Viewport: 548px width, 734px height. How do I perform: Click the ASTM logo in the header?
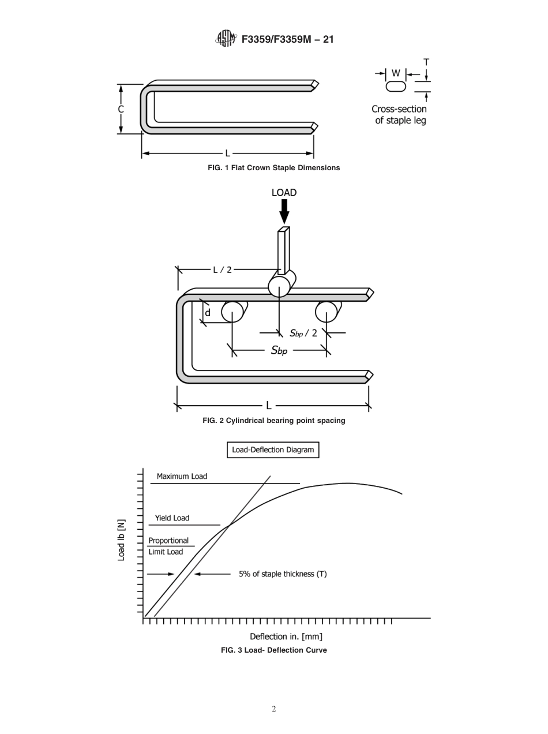pyautogui.click(x=226, y=39)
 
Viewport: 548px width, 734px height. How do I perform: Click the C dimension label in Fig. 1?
pyautogui.click(x=121, y=109)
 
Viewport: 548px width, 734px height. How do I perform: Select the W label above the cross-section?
pyautogui.click(x=396, y=73)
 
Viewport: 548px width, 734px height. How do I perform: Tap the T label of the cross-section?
pyautogui.click(x=426, y=62)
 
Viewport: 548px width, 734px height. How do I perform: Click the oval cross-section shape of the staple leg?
pyautogui.click(x=396, y=87)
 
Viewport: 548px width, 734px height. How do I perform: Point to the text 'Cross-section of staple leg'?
pyautogui.click(x=399, y=115)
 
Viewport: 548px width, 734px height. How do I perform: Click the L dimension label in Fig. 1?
pyautogui.click(x=227, y=153)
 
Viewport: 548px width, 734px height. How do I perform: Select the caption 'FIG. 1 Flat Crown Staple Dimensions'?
pyautogui.click(x=273, y=168)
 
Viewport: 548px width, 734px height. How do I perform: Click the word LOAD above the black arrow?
pyautogui.click(x=284, y=193)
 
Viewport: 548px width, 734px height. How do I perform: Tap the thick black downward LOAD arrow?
pyautogui.click(x=284, y=212)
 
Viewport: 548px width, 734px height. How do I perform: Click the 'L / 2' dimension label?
pyautogui.click(x=222, y=269)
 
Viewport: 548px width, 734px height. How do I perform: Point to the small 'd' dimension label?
pyautogui.click(x=208, y=313)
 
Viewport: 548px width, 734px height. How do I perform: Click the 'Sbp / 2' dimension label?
pyautogui.click(x=303, y=333)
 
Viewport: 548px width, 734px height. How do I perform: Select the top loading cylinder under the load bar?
pyautogui.click(x=279, y=286)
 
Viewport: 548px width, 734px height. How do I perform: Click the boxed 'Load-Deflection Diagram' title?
pyautogui.click(x=273, y=450)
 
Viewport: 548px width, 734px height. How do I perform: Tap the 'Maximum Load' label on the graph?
pyautogui.click(x=182, y=477)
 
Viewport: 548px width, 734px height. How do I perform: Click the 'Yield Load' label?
pyautogui.click(x=172, y=518)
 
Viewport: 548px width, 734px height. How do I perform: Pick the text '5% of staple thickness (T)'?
pyautogui.click(x=283, y=574)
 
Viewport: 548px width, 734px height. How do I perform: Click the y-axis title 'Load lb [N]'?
pyautogui.click(x=121, y=540)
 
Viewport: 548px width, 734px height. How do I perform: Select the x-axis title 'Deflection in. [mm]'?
pyautogui.click(x=286, y=636)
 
